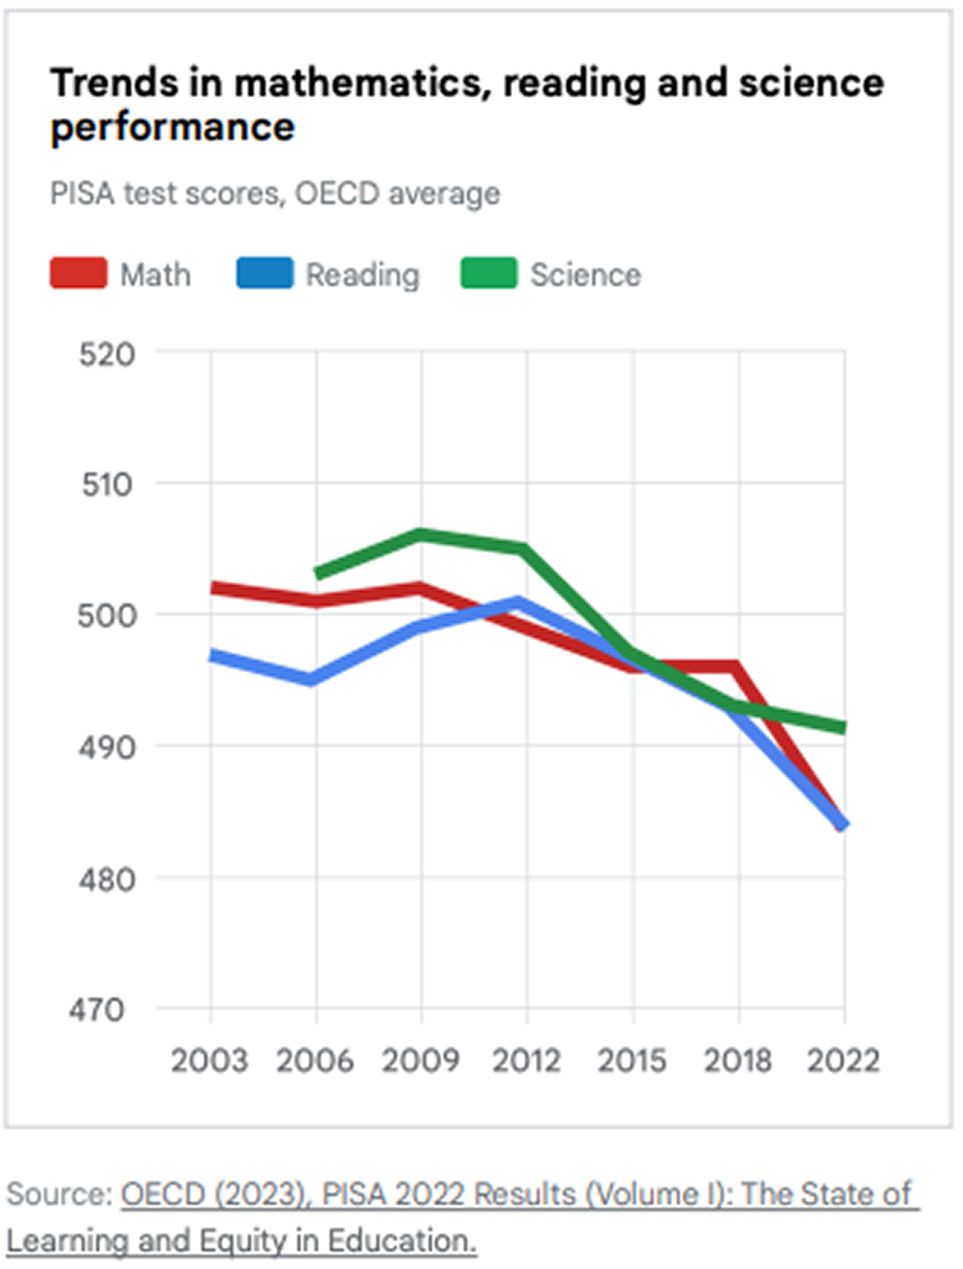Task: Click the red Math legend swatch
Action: (x=78, y=273)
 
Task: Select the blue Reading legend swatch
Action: (x=265, y=273)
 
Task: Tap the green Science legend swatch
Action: (x=488, y=273)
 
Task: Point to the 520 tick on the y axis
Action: (x=107, y=354)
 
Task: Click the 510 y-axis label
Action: (x=107, y=485)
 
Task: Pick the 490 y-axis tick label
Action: (x=107, y=748)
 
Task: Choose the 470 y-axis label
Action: (x=97, y=1010)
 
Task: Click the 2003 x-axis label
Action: (x=210, y=1060)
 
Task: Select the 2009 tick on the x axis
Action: (x=420, y=1060)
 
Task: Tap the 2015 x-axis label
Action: (x=632, y=1060)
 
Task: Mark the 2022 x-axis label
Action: (x=844, y=1060)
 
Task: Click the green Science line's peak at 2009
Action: (x=421, y=535)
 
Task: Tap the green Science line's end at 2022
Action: (x=842, y=727)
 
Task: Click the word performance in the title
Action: (x=173, y=128)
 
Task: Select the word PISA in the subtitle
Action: (x=82, y=193)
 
